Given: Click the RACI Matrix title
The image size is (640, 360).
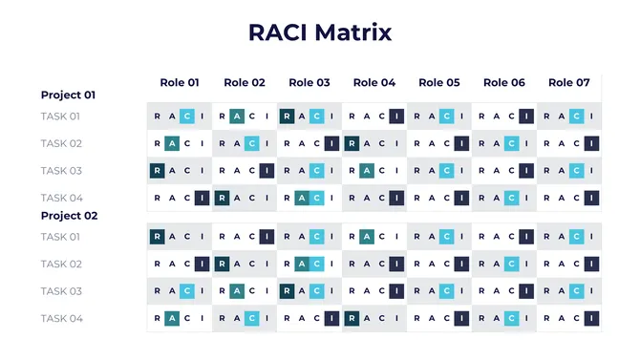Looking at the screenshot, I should (x=320, y=32).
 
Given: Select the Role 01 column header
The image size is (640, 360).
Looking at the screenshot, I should (x=180, y=83).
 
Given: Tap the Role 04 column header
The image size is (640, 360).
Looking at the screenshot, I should (x=374, y=83).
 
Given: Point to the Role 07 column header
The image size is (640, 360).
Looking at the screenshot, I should (x=569, y=83).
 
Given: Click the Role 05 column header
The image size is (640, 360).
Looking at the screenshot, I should (x=439, y=83).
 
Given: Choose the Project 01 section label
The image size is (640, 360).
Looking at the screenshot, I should (x=69, y=95).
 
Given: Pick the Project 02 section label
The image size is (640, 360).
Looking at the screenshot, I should (x=69, y=216).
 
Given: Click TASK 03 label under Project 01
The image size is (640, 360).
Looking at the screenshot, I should (x=60, y=171).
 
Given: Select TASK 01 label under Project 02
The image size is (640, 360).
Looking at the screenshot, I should (x=60, y=237).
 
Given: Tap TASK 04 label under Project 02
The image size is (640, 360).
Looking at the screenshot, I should (x=60, y=318).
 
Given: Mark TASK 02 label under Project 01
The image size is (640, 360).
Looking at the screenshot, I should (x=60, y=144).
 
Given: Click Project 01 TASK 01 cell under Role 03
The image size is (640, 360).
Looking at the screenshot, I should (x=309, y=116).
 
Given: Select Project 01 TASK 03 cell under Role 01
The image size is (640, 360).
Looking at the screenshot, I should (x=180, y=171).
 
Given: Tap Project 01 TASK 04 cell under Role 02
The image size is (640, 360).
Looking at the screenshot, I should (x=245, y=199).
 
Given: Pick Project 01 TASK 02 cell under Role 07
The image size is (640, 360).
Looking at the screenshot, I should (x=569, y=144).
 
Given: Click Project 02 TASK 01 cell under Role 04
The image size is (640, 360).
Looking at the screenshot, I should (x=374, y=237).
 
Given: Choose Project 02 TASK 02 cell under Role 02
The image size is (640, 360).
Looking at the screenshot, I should (x=245, y=265).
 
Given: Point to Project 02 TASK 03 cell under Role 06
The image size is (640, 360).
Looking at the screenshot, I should (x=504, y=291).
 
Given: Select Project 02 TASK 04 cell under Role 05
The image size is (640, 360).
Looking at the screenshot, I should (x=439, y=318).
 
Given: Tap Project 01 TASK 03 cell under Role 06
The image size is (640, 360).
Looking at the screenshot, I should (x=504, y=171).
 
